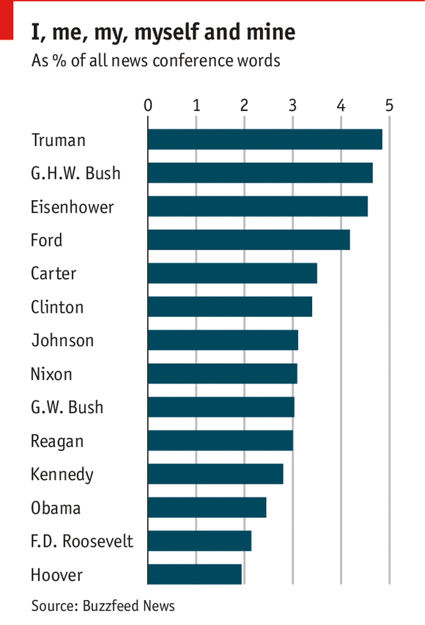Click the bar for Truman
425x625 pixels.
click(265, 139)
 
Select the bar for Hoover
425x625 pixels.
click(195, 574)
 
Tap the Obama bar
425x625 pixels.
click(207, 508)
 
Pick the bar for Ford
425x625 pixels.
click(248, 240)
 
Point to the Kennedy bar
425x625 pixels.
click(215, 474)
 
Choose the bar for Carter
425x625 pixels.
click(232, 274)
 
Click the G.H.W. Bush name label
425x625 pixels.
click(75, 174)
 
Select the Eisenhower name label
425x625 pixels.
click(73, 207)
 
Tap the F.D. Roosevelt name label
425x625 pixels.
click(82, 541)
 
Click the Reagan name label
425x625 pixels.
click(57, 441)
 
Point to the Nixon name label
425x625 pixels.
click(51, 374)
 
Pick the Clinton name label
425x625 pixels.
click(57, 307)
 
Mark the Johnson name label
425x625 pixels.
click(62, 340)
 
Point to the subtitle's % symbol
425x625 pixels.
click(57, 60)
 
